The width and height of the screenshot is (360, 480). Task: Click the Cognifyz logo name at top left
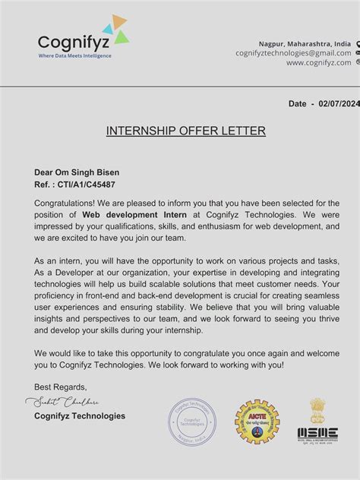(x=73, y=42)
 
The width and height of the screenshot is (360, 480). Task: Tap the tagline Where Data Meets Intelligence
(x=74, y=56)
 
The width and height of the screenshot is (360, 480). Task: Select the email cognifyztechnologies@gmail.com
(x=293, y=53)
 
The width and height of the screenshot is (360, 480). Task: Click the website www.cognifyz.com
(x=318, y=63)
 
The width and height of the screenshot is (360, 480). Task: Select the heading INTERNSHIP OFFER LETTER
(x=186, y=131)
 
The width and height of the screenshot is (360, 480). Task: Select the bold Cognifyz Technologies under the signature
(x=80, y=415)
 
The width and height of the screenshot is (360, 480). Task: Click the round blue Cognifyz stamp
(x=192, y=422)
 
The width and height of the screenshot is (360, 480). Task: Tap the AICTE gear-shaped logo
(x=257, y=422)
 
